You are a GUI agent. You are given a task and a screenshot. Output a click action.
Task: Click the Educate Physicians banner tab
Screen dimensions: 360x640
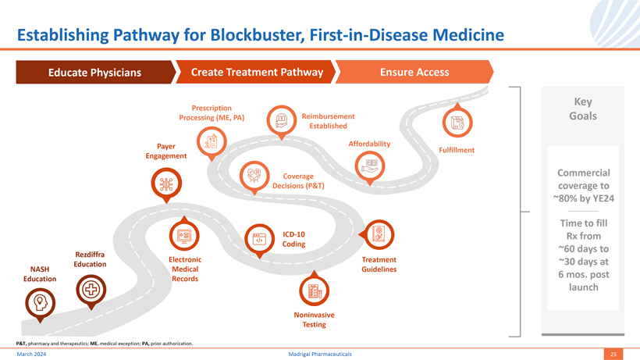pyautogui.click(x=94, y=73)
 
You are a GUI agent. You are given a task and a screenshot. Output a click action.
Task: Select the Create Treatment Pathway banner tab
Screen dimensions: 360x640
pyautogui.click(x=257, y=73)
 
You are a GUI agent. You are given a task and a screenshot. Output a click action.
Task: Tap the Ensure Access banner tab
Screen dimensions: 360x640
pyautogui.click(x=414, y=73)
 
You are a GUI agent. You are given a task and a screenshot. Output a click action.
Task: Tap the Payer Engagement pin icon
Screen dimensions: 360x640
pyautogui.click(x=211, y=141)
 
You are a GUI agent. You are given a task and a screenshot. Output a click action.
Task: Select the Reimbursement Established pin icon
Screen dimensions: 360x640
pyautogui.click(x=281, y=121)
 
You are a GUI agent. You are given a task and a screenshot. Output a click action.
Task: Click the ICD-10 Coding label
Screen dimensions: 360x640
pyautogui.click(x=294, y=239)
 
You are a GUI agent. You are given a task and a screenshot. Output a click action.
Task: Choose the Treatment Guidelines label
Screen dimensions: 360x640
pyautogui.click(x=379, y=265)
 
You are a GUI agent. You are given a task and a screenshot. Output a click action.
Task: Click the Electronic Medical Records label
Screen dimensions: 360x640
pyautogui.click(x=185, y=269)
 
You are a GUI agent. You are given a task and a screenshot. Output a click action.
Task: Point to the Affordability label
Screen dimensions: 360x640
pyautogui.click(x=369, y=144)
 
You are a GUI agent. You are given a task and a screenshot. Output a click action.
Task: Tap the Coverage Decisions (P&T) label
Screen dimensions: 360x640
pyautogui.click(x=298, y=180)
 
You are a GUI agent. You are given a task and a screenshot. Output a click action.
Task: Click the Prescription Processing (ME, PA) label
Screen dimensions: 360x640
pyautogui.click(x=212, y=112)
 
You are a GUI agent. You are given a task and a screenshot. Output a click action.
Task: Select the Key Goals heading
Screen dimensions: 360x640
pyautogui.click(x=583, y=109)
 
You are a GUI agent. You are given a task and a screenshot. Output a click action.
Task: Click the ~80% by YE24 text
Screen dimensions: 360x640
pyautogui.click(x=583, y=198)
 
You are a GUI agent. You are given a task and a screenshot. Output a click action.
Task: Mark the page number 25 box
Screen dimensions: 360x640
pyautogui.click(x=613, y=355)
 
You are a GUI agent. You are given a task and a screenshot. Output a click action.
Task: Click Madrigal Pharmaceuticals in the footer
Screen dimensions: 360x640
pyautogui.click(x=319, y=355)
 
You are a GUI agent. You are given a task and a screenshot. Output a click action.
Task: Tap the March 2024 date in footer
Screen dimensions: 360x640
pyautogui.click(x=31, y=355)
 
